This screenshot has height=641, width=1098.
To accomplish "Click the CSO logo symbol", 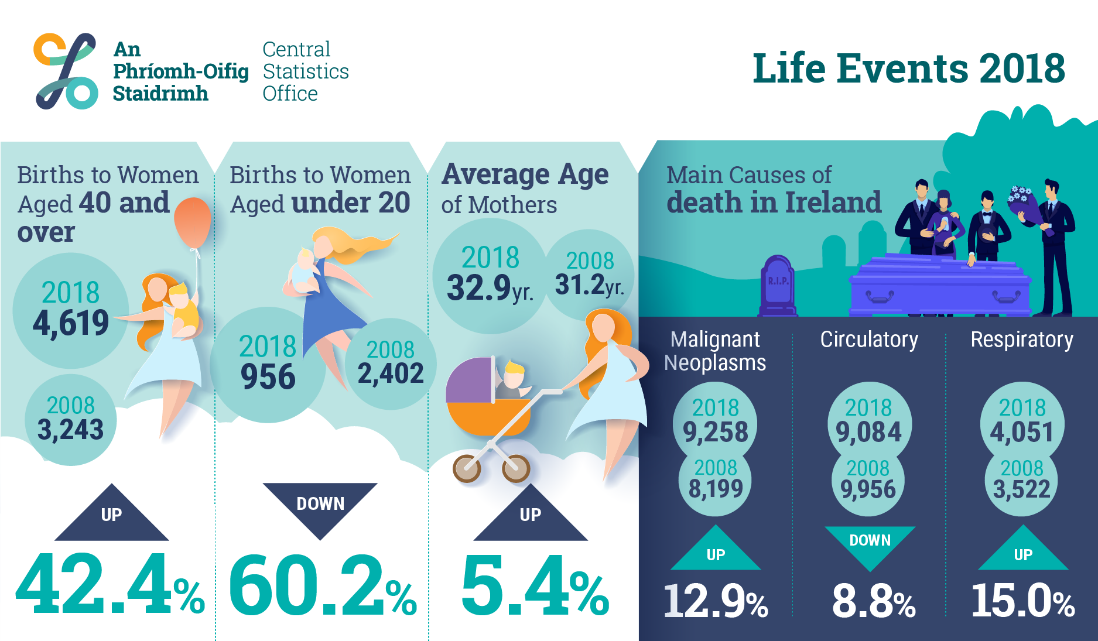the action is pos(66,71).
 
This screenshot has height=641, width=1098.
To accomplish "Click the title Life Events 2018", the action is pos(908,68).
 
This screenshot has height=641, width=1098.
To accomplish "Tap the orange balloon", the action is pos(193,222).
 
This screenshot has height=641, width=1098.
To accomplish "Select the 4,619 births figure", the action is pos(71,323).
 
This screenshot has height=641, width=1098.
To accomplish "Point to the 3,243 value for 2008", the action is pos(71,430).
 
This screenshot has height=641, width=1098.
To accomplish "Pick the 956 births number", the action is pos(268,376).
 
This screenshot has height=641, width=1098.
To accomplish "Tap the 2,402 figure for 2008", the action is pos(391,373).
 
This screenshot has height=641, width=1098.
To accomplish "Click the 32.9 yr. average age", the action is pos(490,288).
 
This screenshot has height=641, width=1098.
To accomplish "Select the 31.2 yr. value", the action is pos(590,285).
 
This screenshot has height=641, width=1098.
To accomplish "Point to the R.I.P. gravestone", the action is pos(778,286).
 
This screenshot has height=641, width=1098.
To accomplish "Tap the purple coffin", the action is pos(940,285).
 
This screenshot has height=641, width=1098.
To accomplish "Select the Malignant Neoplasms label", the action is pos(715,351).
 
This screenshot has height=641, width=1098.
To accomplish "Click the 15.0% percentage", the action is pos(1023,601).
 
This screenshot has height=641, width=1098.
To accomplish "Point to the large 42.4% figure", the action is pos(110,584).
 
